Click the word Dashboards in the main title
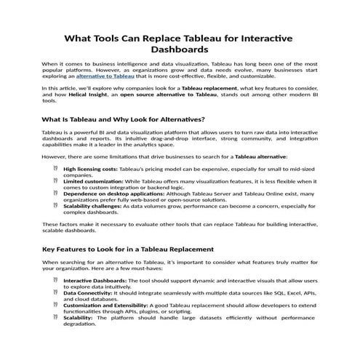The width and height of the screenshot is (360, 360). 180,50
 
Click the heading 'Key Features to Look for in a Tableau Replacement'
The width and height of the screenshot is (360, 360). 128,249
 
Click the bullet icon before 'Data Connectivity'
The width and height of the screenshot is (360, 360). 55,292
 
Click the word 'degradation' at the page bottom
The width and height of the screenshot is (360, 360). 79,324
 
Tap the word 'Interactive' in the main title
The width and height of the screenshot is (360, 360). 264,37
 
